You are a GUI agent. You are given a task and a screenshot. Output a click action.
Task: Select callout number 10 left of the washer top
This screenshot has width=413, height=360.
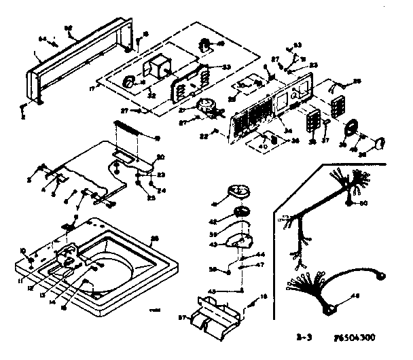22,250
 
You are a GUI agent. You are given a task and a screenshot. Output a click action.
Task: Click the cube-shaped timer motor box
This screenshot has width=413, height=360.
162,68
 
